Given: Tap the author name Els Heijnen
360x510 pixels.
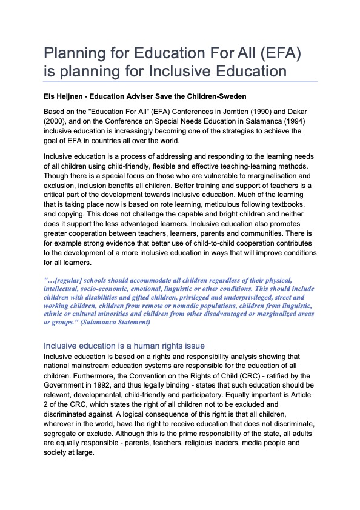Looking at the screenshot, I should click(x=65, y=96).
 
